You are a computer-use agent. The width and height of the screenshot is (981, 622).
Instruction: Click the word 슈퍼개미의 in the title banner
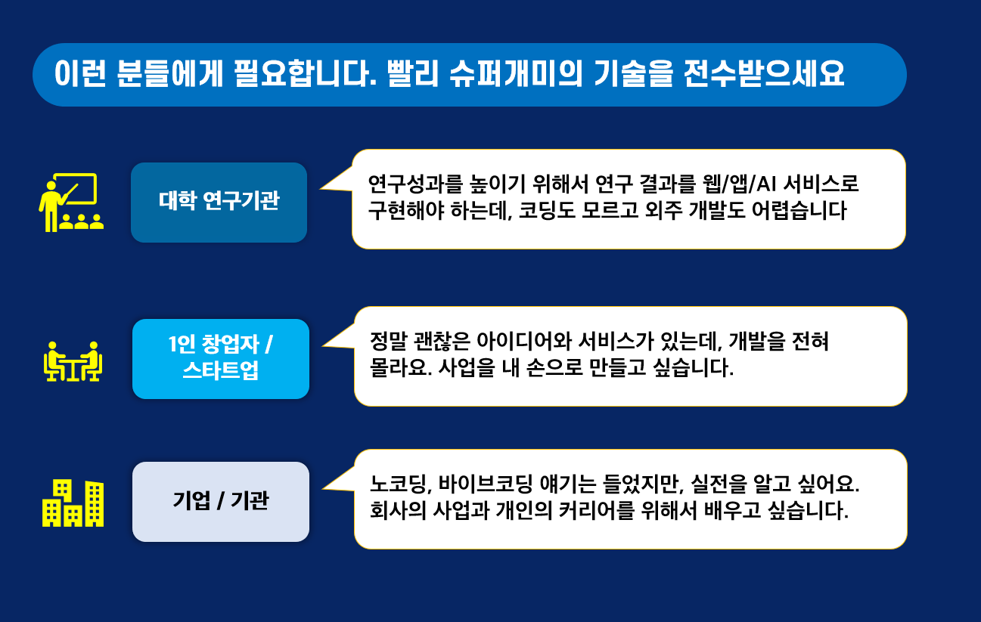(516, 73)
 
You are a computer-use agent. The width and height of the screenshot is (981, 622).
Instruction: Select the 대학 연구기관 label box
(219, 203)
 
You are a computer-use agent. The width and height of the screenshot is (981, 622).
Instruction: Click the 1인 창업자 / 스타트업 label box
(221, 359)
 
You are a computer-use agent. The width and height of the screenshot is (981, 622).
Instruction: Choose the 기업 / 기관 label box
(221, 502)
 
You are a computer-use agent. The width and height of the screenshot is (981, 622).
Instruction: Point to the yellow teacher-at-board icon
(71, 203)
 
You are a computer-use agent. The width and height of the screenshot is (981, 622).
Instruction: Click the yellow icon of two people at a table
(73, 361)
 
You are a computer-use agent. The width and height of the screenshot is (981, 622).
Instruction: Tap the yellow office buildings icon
(73, 503)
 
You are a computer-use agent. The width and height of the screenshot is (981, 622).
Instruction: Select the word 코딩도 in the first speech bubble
(547, 211)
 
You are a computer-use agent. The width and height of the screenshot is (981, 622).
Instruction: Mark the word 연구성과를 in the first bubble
(415, 184)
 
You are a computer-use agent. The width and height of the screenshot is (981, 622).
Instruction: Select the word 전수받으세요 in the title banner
(764, 73)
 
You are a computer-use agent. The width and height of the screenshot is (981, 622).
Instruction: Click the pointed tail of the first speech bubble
(321, 189)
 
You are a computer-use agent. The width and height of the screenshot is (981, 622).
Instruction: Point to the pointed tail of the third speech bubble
(323, 488)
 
